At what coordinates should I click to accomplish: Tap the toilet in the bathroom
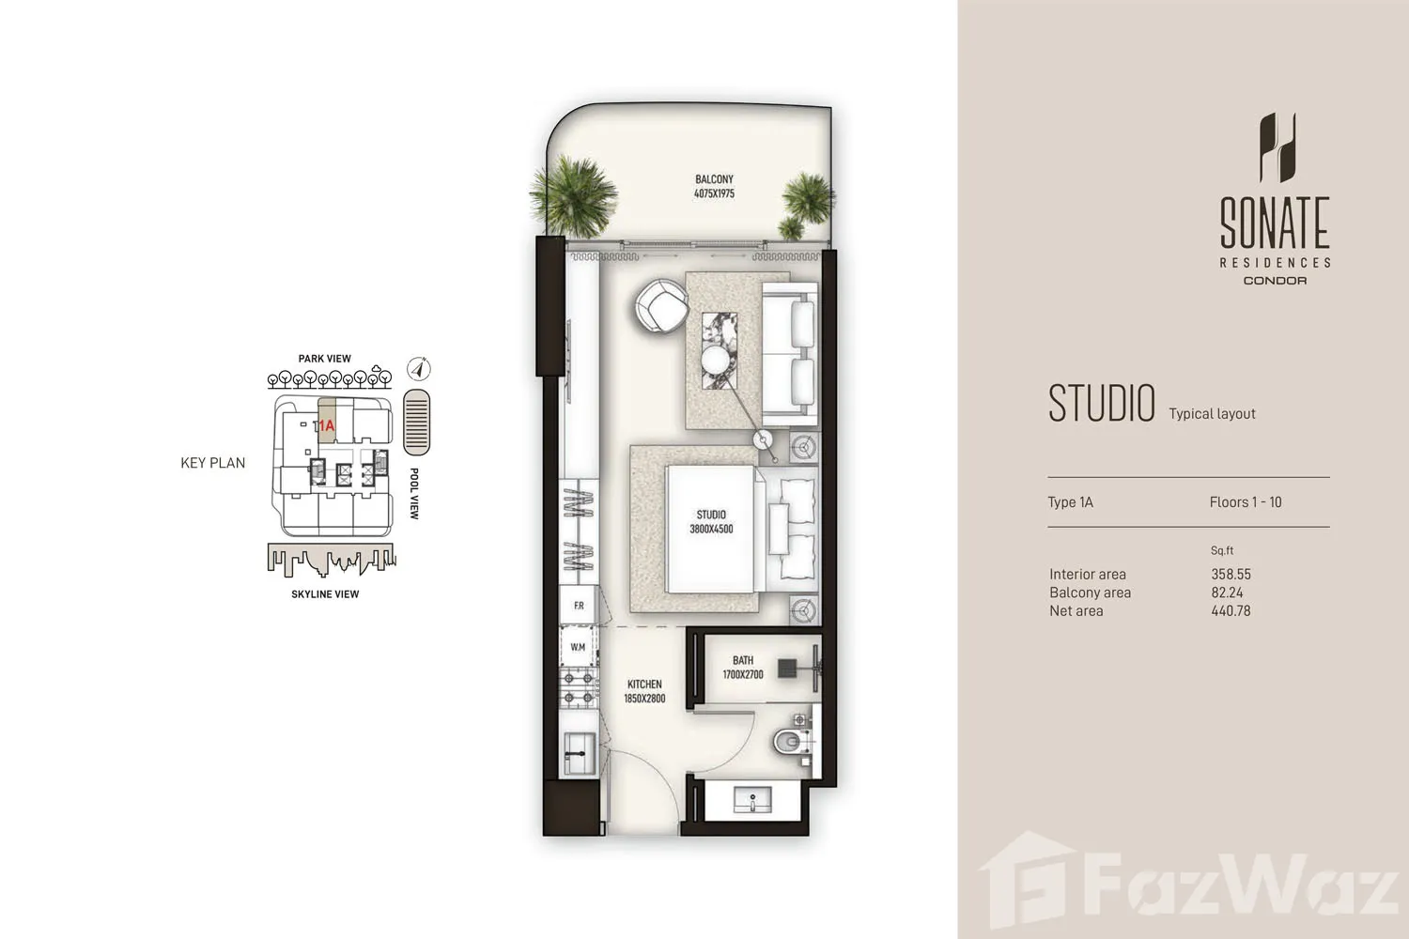[790, 742]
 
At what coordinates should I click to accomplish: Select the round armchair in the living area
[661, 306]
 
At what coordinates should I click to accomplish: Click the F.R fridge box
[579, 605]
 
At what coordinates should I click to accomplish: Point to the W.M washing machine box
[578, 647]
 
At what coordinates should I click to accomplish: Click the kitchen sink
[579, 753]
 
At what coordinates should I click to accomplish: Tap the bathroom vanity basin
[752, 800]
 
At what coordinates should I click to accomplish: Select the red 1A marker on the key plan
[327, 425]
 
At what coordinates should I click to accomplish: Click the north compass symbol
[418, 368]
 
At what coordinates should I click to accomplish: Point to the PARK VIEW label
[325, 359]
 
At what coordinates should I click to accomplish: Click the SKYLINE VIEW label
[325, 594]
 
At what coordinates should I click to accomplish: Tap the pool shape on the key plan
[416, 422]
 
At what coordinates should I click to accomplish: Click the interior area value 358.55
[1231, 575]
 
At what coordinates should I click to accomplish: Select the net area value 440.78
[1231, 610]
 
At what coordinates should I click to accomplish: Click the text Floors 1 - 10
[1246, 502]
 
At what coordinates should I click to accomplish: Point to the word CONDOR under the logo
[1275, 281]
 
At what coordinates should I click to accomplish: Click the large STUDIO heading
[1102, 403]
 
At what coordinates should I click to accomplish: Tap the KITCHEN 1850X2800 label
[644, 691]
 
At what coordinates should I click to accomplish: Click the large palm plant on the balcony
[573, 195]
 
